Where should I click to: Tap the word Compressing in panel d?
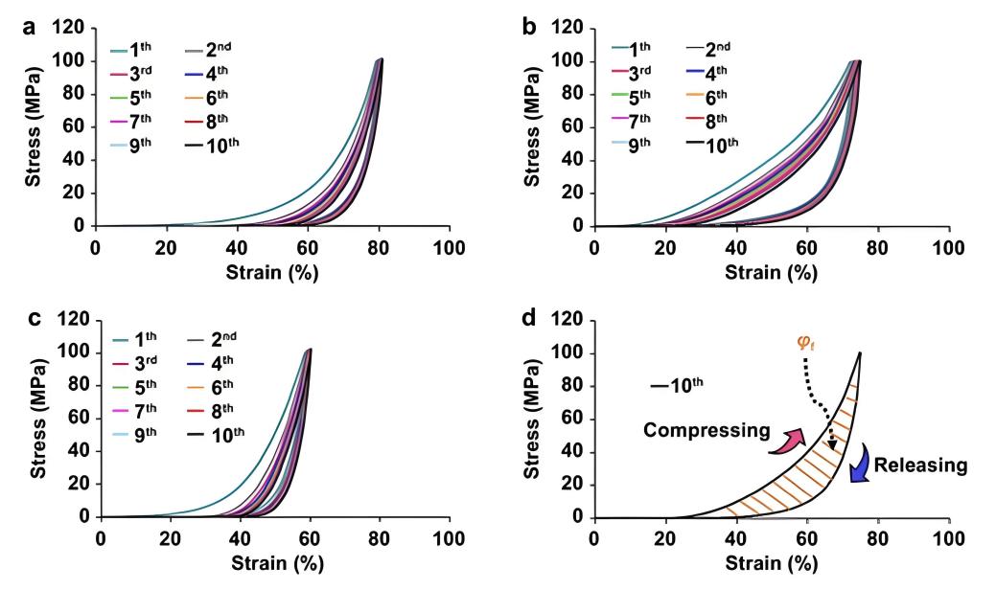707,430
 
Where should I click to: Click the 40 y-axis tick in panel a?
72,159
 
